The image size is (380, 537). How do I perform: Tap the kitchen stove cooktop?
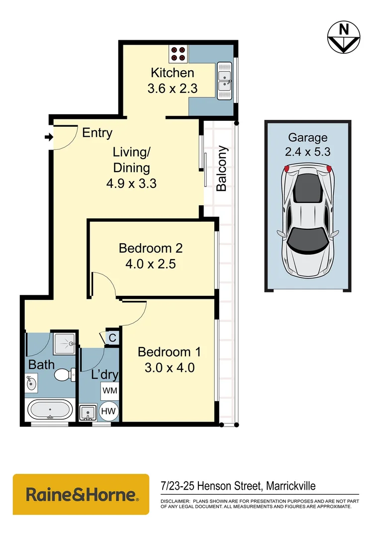178,53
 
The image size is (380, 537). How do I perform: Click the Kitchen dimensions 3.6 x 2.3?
172,89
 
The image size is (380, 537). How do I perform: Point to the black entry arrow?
48,137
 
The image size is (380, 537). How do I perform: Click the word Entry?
97,133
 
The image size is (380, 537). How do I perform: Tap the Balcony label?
221,168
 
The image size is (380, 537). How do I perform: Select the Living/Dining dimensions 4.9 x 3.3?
131,183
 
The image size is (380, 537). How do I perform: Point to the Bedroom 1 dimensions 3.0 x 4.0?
169,368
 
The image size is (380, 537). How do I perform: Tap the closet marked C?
112,338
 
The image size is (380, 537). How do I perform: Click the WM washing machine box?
109,391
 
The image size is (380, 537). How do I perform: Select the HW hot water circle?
109,412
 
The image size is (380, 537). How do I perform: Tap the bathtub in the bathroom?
50,410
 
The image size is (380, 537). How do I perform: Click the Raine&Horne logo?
81,494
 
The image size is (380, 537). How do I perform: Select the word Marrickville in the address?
292,486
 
